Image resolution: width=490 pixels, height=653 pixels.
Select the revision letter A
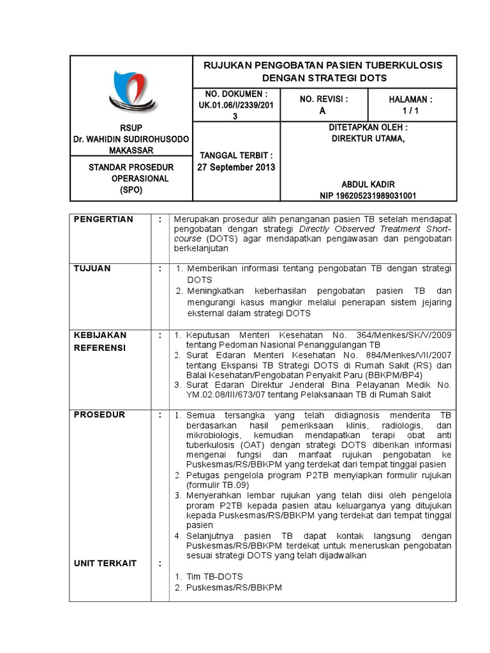(x=322, y=110)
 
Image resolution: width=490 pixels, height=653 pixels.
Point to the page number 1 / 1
(x=410, y=110)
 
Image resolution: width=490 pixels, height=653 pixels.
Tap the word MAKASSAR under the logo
(x=131, y=150)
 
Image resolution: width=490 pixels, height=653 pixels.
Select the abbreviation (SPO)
(x=131, y=189)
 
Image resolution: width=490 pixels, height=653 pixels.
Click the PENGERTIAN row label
(x=104, y=219)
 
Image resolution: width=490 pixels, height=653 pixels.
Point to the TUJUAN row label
(x=93, y=268)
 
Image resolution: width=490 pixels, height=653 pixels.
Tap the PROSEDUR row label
(x=100, y=415)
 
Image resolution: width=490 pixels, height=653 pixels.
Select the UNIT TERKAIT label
(x=105, y=563)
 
